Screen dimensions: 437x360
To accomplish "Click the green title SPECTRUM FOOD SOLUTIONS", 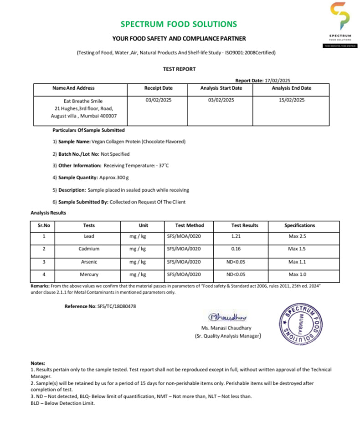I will click(179, 24).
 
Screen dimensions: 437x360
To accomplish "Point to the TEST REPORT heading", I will click(179, 69).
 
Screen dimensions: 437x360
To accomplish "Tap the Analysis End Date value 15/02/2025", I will click(291, 100).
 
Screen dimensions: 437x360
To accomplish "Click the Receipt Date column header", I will click(158, 88).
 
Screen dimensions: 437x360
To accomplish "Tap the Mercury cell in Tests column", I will click(89, 274).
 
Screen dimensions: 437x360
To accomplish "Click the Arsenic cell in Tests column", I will click(89, 262).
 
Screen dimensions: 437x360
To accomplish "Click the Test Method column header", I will click(190, 225).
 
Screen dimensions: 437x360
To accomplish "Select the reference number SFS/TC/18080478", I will click(117, 306).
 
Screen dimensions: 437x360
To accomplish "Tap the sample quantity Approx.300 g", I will click(114, 178).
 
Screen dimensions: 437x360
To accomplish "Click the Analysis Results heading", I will click(48, 213).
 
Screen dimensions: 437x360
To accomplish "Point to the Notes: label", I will click(38, 363).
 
